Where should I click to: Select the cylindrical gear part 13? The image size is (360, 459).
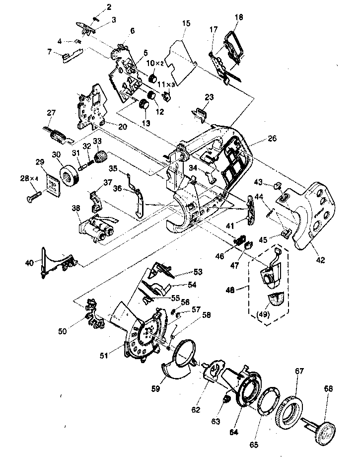144,105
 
